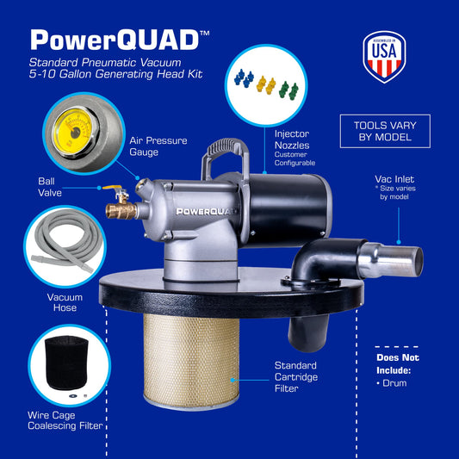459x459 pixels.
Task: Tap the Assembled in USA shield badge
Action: point(384,57)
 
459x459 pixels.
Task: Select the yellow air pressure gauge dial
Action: point(73,131)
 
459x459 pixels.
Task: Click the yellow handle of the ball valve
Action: point(113,188)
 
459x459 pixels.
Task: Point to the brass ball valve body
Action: point(121,209)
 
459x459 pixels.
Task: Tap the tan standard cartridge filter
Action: point(191,361)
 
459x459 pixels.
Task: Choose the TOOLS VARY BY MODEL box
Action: point(385,131)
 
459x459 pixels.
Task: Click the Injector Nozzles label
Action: point(292,140)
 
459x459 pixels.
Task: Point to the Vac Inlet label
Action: point(394,179)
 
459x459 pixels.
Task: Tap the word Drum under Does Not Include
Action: point(394,383)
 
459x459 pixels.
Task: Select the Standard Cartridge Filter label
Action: point(296,376)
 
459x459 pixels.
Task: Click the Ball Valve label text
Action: point(50,187)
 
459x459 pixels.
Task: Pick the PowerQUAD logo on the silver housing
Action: point(206,211)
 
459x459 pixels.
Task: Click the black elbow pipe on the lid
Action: point(322,261)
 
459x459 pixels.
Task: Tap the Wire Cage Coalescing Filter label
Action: point(65,420)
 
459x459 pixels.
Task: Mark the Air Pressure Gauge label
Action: point(158,146)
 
